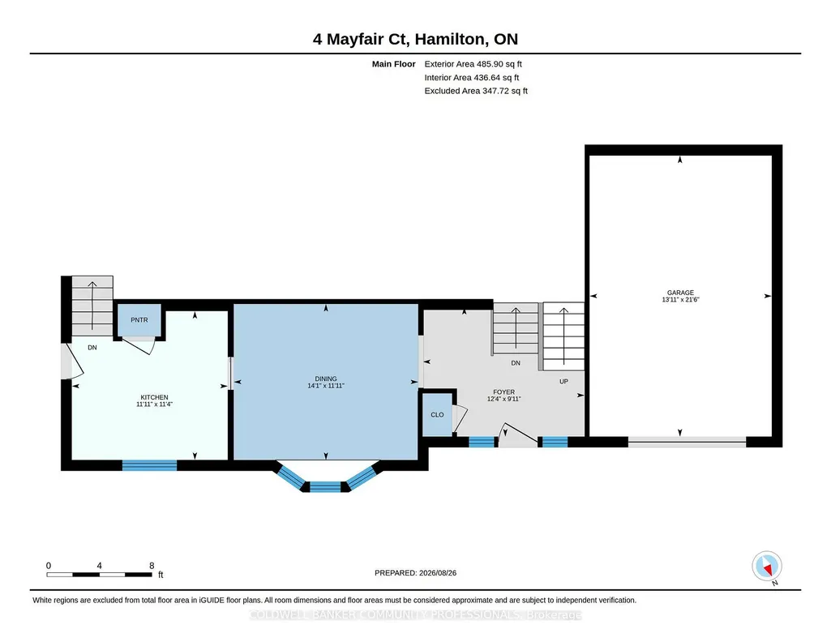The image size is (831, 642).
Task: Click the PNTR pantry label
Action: [x=139, y=320]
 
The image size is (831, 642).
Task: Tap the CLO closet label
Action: [x=437, y=415]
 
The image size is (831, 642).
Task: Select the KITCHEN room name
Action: [x=154, y=397]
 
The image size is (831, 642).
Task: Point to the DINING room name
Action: [x=326, y=379]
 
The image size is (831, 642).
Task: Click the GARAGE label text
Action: [x=680, y=293]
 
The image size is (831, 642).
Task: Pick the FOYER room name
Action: [x=504, y=392]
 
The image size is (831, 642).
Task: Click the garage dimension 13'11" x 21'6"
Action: [x=680, y=299]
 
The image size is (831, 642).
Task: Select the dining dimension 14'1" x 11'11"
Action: [x=326, y=386]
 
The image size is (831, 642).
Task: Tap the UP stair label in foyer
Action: [x=564, y=381]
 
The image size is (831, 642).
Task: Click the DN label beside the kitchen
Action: [x=92, y=348]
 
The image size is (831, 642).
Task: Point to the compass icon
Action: [x=767, y=567]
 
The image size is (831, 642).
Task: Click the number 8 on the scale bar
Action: [x=152, y=566]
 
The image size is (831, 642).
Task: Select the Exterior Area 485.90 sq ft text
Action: [x=473, y=64]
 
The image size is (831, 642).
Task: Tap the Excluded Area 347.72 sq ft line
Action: [x=476, y=91]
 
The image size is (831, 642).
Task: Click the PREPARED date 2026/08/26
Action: [x=438, y=573]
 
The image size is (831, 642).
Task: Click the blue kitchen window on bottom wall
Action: [x=149, y=465]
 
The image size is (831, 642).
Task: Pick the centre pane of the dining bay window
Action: [x=325, y=487]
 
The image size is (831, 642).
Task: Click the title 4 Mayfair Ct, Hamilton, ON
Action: [x=415, y=39]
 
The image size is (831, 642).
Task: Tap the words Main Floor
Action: [x=394, y=64]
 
